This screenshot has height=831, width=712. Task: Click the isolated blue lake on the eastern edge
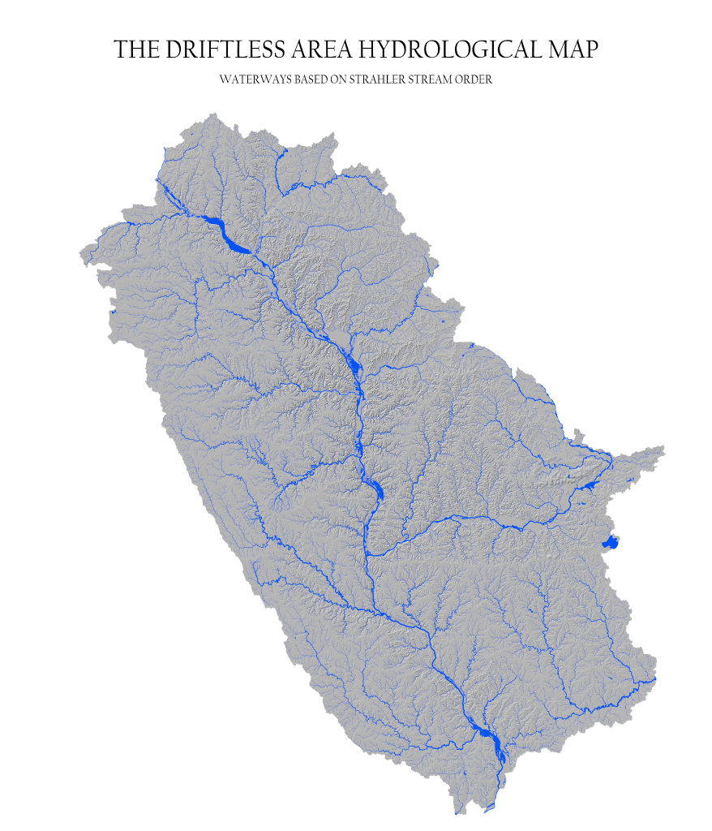point(610,542)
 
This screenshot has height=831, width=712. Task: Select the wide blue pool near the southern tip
point(488,734)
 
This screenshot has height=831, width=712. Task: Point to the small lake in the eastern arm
point(589,485)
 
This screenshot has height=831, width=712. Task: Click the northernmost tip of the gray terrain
point(214,114)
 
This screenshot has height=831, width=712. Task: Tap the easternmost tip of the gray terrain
point(664,447)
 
